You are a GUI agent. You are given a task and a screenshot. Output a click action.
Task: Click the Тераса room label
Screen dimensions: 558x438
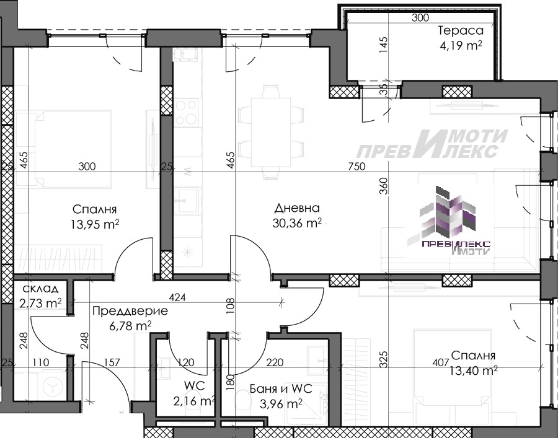(461, 30)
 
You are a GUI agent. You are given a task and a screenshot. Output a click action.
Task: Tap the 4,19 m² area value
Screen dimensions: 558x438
(461, 45)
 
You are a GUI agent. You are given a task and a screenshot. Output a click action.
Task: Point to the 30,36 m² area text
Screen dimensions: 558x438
(297, 223)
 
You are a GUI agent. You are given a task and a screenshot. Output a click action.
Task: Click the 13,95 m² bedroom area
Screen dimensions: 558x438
(95, 224)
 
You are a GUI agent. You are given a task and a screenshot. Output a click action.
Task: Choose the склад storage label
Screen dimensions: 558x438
(40, 288)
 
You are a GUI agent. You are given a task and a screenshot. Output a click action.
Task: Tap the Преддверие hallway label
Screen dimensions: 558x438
(130, 311)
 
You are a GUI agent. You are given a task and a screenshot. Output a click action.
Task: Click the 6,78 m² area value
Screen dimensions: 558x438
(130, 326)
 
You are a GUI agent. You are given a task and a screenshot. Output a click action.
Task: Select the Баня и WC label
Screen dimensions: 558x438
(281, 388)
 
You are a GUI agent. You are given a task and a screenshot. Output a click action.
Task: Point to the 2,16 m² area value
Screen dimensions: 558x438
(194, 401)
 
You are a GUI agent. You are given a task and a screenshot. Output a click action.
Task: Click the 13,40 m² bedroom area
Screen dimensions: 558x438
(473, 370)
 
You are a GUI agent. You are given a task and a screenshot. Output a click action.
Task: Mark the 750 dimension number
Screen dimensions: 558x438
(356, 166)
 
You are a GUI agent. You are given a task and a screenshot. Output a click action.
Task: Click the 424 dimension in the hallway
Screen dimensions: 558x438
(177, 297)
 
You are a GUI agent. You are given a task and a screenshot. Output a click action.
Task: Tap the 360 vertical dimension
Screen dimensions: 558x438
(383, 186)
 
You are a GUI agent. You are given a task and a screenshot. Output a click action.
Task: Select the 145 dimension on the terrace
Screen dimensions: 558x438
(383, 45)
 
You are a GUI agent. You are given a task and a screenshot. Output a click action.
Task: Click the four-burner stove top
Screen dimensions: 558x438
(187, 112)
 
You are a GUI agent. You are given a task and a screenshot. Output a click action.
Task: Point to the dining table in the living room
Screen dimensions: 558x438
(271, 132)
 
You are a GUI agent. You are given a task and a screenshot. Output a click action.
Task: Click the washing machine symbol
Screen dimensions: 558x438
(52, 386)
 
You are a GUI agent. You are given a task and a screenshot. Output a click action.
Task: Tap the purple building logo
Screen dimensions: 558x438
(449, 221)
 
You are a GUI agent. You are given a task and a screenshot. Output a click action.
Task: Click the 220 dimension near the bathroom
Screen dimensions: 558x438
(275, 362)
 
